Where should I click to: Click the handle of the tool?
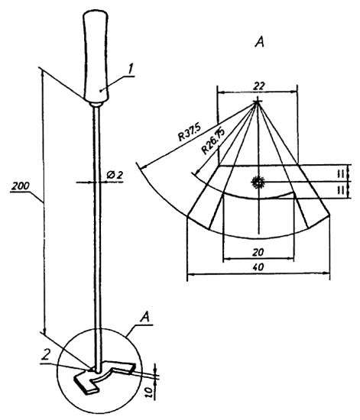tap(96, 57)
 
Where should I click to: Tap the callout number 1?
tap(130, 69)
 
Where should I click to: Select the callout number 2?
tap(47, 355)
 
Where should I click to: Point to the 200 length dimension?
tap(21, 186)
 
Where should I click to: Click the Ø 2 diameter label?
tap(115, 175)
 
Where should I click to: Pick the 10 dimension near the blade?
tap(151, 392)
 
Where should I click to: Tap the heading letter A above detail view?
tap(259, 41)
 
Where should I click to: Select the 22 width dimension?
tap(258, 86)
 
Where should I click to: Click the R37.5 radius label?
tap(190, 132)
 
